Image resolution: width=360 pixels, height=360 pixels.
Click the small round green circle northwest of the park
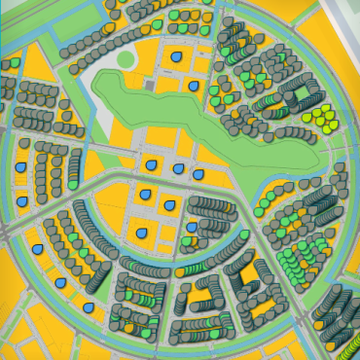tap(126, 60)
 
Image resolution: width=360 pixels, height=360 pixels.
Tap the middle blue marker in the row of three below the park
tap(177, 169)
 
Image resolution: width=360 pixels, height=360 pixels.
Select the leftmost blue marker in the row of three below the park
tap(151, 164)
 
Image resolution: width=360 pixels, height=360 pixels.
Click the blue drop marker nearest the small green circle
tap(175, 58)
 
